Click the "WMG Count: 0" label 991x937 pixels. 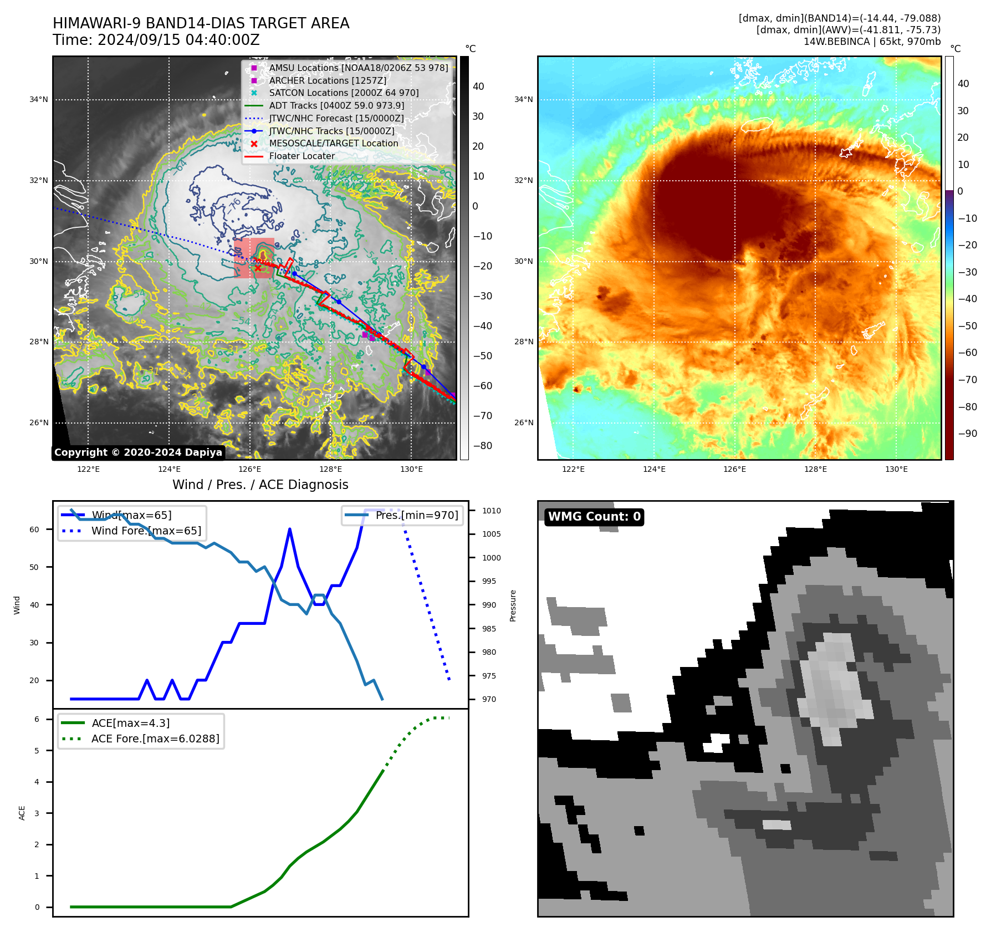click(594, 517)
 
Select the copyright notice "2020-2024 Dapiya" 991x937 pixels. click(138, 452)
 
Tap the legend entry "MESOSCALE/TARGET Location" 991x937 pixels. click(333, 144)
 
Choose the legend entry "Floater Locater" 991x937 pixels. click(302, 156)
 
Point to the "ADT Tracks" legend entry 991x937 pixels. click(336, 105)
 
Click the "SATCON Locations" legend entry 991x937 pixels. click(344, 93)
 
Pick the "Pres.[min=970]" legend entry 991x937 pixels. click(416, 515)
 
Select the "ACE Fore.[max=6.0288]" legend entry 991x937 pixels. click(155, 739)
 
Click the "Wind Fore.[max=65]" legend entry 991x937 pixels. click(146, 531)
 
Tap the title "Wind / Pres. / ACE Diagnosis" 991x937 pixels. click(260, 485)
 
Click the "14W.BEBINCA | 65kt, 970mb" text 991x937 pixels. click(872, 42)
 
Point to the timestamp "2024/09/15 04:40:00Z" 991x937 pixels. click(178, 40)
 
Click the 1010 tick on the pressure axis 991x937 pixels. click(491, 511)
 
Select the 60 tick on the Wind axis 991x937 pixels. click(34, 529)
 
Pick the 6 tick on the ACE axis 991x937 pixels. click(37, 719)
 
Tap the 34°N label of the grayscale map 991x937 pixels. click(39, 100)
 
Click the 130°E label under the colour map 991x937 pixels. click(896, 469)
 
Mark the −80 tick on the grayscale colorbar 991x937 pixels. click(482, 446)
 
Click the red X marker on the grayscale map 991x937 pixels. click(258, 268)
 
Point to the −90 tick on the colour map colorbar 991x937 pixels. click(967, 434)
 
